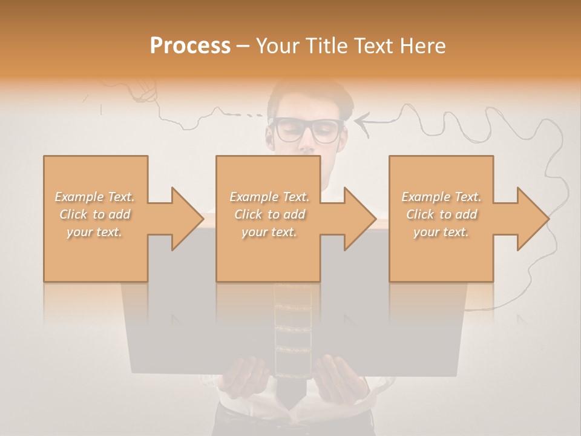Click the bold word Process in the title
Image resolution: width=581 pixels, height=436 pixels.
pyautogui.click(x=190, y=45)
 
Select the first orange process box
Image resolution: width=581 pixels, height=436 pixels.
pyautogui.click(x=96, y=254)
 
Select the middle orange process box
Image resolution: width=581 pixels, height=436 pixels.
pyautogui.click(x=268, y=254)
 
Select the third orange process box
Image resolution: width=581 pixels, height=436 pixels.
pyautogui.click(x=441, y=254)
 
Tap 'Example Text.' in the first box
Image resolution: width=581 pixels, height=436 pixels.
pyautogui.click(x=95, y=197)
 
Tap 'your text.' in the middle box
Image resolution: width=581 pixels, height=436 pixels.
pyautogui.click(x=269, y=232)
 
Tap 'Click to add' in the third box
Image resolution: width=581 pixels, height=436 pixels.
pyautogui.click(x=441, y=214)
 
